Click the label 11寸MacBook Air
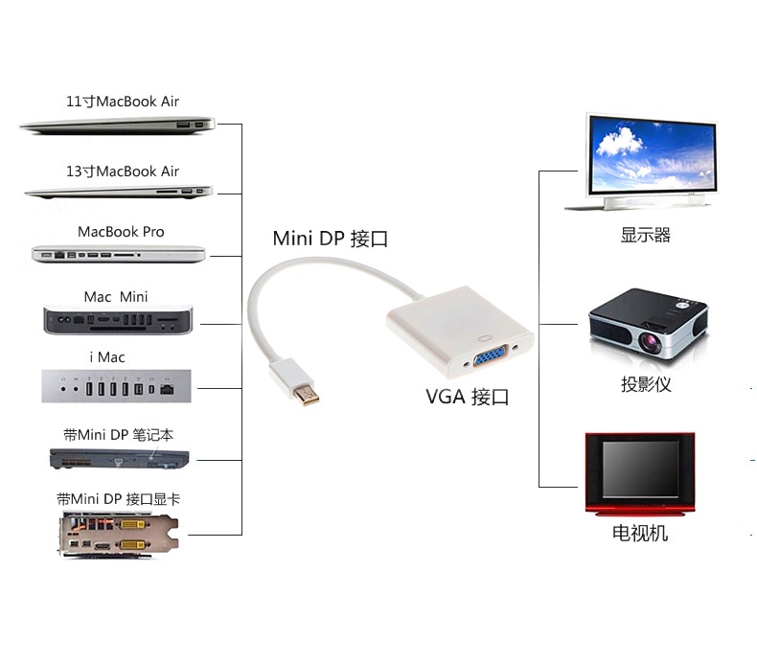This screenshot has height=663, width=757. [122, 102]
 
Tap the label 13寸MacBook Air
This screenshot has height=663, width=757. [122, 171]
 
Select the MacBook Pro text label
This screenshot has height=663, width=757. [121, 232]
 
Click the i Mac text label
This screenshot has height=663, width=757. [107, 357]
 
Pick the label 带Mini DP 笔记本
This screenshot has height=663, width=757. [119, 435]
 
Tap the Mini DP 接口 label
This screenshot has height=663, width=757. [331, 239]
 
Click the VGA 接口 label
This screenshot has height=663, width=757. [468, 397]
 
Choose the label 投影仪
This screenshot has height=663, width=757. [646, 385]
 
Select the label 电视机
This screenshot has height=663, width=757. [640, 534]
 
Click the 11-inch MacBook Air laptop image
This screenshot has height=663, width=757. [117, 125]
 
